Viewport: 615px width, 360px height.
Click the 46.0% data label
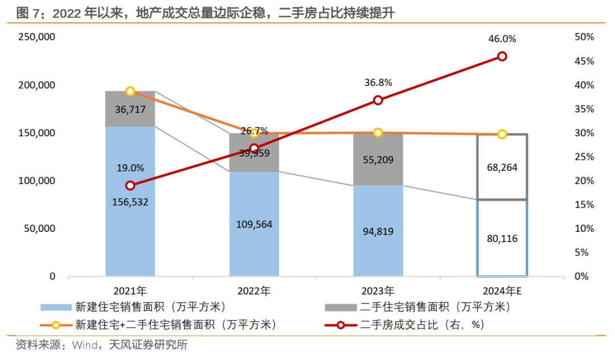(502, 39)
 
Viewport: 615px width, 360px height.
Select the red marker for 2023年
(378, 100)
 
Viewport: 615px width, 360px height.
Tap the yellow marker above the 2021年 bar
(130, 91)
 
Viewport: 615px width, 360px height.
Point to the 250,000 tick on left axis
(36, 37)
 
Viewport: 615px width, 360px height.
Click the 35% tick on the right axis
(584, 109)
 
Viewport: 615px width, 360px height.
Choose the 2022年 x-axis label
(254, 291)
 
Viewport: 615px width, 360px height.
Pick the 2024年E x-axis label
(501, 291)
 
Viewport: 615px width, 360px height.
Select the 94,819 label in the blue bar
(378, 231)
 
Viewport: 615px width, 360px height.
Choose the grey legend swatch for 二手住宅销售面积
(341, 308)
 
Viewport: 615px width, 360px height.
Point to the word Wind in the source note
(83, 345)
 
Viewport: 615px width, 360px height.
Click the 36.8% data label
(378, 83)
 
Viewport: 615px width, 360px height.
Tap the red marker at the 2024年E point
(502, 56)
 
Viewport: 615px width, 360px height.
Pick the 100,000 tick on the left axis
(36, 181)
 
